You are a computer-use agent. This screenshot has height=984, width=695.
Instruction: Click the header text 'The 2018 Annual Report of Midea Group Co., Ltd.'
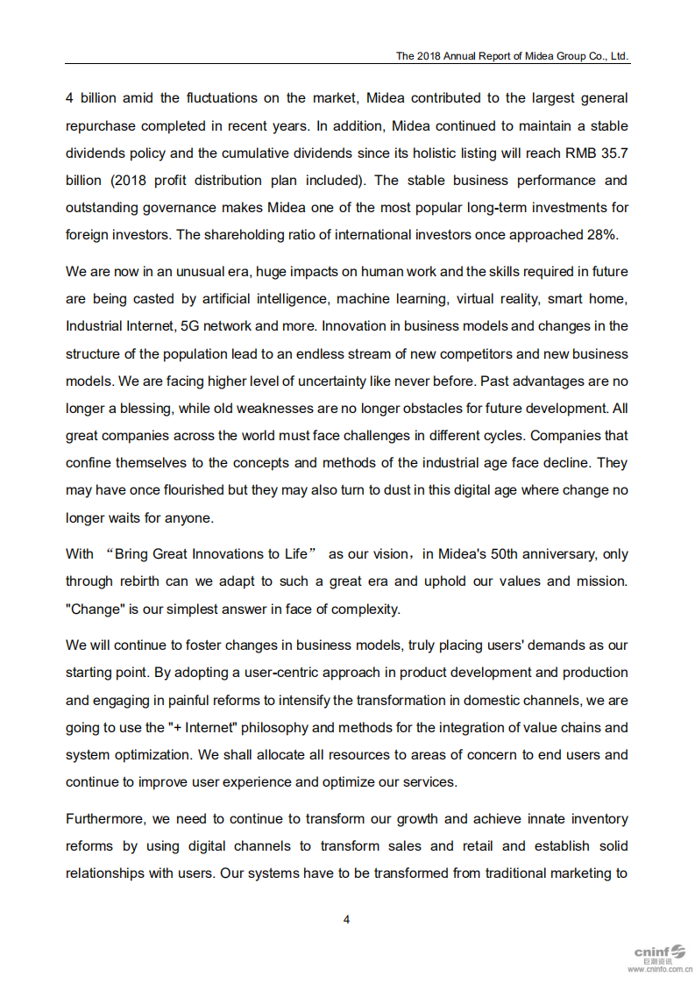pos(512,55)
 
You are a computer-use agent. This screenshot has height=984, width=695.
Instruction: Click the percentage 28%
pos(601,235)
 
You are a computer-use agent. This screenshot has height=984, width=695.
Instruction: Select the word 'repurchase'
pos(99,125)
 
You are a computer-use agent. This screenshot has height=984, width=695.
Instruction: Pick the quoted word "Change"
pos(94,609)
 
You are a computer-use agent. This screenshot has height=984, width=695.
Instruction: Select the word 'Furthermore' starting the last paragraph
pos(104,819)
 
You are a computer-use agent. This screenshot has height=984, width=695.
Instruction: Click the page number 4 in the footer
pos(346,919)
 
